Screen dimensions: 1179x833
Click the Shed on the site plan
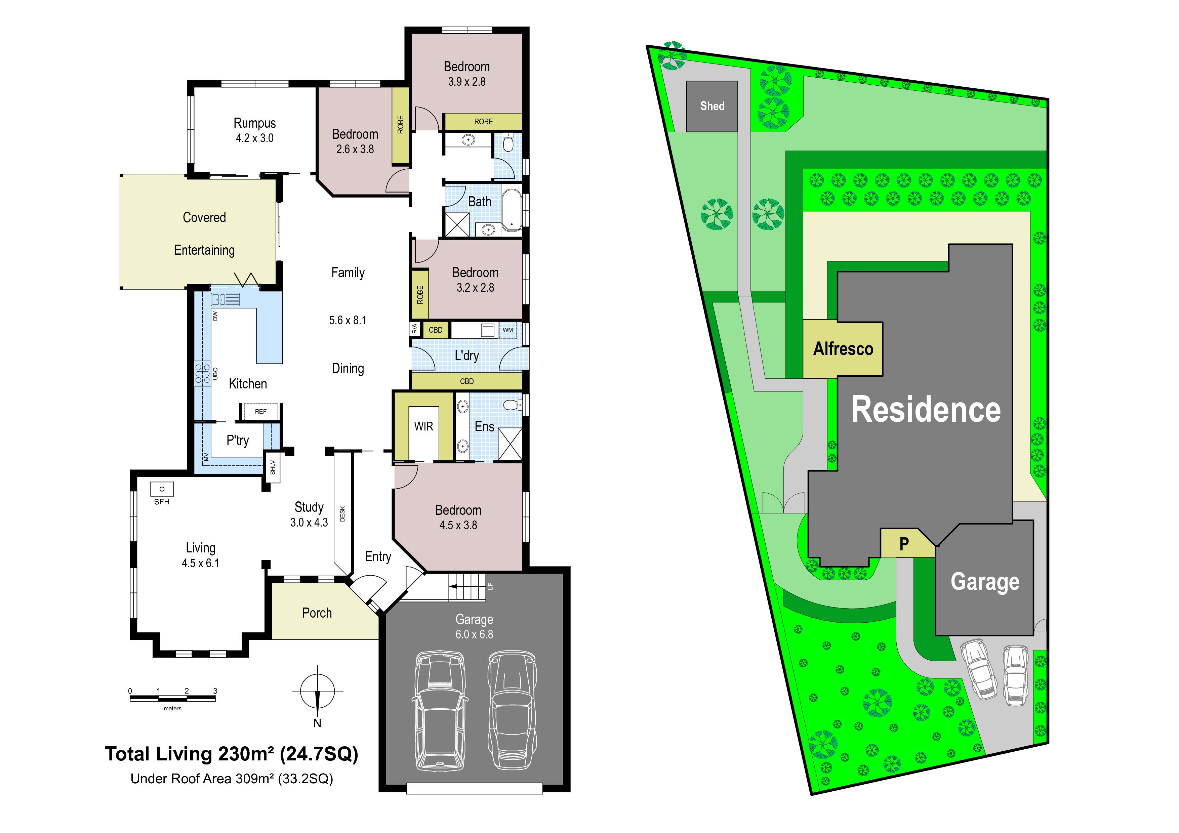[x=712, y=106]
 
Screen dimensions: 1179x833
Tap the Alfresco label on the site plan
[x=843, y=349]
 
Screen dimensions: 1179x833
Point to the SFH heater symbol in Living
[x=162, y=489]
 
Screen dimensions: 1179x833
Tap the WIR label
[x=423, y=426]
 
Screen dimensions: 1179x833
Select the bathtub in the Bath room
[x=512, y=209]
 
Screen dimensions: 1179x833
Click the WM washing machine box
[x=508, y=330]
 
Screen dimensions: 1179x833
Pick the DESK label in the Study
[x=342, y=514]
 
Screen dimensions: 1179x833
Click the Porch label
[x=317, y=613]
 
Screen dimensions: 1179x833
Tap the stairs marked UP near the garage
[x=467, y=587]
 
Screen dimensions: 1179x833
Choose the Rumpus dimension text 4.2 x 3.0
[x=255, y=138]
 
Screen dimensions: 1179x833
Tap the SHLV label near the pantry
[x=273, y=467]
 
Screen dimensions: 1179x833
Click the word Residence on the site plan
[x=926, y=410]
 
